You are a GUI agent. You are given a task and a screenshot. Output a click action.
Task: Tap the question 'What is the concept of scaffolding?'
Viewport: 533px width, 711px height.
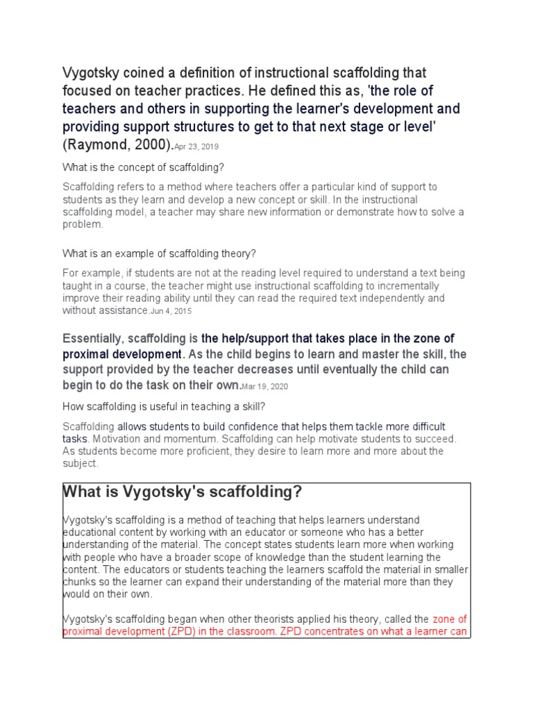[x=144, y=167]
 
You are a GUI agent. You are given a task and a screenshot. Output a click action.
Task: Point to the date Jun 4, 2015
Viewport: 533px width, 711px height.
[x=172, y=312]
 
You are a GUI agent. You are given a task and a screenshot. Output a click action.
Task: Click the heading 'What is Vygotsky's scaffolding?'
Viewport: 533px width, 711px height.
[x=182, y=492]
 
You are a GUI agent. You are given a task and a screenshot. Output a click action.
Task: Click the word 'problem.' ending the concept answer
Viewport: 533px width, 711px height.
[x=83, y=224]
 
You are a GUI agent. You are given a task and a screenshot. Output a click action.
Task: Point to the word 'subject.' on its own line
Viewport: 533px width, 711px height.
[x=81, y=464]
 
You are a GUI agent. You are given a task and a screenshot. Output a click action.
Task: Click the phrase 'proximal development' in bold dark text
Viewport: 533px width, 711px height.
[x=121, y=354]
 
